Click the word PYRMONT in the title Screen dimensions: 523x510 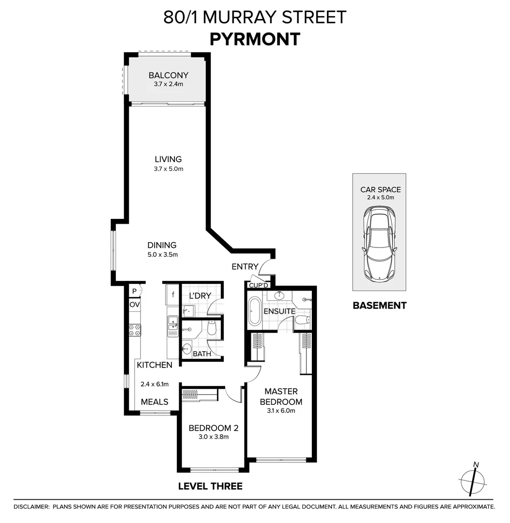pyautogui.click(x=255, y=39)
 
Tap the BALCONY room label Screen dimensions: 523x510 pyautogui.click(x=168, y=75)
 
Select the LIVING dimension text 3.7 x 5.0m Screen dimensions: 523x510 pyautogui.click(x=168, y=169)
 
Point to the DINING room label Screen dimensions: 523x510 pyautogui.click(x=162, y=245)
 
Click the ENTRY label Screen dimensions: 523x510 pyautogui.click(x=245, y=267)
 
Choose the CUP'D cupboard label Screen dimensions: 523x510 pyautogui.click(x=258, y=285)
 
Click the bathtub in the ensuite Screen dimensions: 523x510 pyautogui.click(x=255, y=312)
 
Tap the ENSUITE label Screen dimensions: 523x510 pyautogui.click(x=280, y=311)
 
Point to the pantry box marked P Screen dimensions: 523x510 pyautogui.click(x=134, y=291)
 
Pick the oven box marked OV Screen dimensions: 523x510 pyautogui.click(x=134, y=305)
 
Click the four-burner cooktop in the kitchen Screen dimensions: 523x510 pyautogui.click(x=134, y=330)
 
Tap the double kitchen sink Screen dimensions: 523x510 pyautogui.click(x=172, y=325)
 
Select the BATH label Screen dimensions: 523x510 pyautogui.click(x=201, y=354)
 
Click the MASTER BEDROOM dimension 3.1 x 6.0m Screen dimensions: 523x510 pyautogui.click(x=281, y=411)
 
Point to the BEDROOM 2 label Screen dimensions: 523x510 pyautogui.click(x=213, y=428)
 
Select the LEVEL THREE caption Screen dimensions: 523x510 pyautogui.click(x=210, y=486)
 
